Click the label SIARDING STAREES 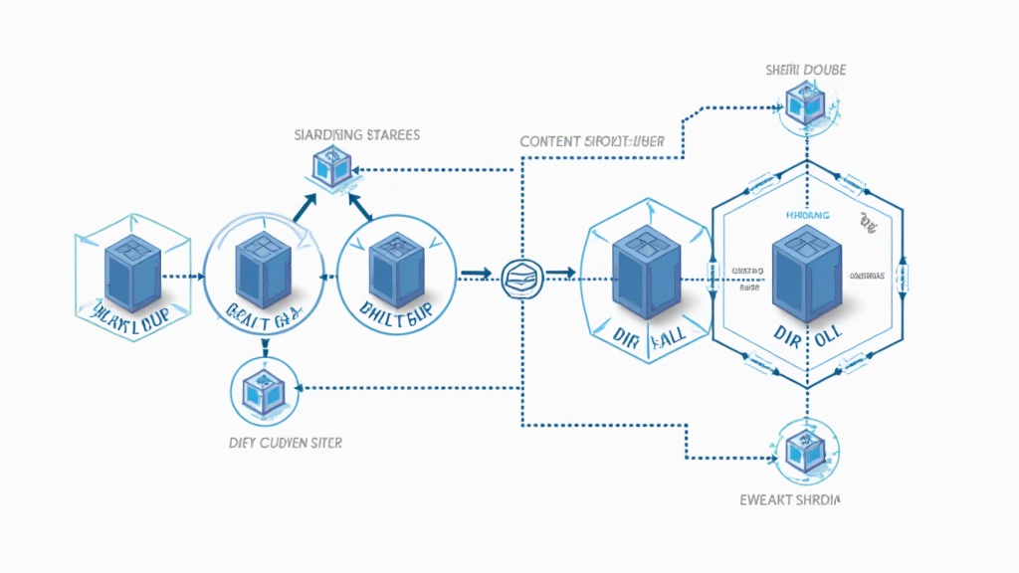coord(357,133)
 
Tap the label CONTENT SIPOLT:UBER coord(592,141)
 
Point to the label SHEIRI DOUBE coord(807,70)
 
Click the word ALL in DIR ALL coord(673,339)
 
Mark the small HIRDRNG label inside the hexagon coord(805,214)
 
